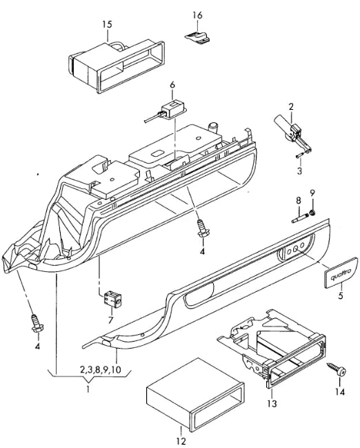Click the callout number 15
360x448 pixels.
[107, 24]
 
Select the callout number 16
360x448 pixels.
[197, 14]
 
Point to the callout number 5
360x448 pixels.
[339, 298]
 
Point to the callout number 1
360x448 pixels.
[88, 389]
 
